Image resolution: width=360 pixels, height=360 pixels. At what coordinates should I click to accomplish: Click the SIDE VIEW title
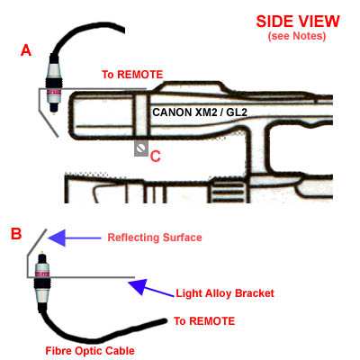tap(298, 22)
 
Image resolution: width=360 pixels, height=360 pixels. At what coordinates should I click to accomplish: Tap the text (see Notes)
tap(297, 36)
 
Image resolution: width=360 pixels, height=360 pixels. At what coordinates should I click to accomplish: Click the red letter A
tap(26, 50)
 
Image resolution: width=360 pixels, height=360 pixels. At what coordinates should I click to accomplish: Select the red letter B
tap(16, 233)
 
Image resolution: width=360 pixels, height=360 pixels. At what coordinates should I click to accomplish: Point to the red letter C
tap(156, 157)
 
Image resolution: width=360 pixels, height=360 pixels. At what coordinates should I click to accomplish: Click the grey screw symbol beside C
tap(141, 148)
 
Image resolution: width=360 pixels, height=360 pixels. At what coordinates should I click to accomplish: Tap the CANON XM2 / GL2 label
tap(200, 112)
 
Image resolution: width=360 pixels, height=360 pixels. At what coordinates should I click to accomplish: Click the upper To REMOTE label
tap(132, 75)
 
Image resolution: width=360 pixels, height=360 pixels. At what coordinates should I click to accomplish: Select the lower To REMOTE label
tap(204, 321)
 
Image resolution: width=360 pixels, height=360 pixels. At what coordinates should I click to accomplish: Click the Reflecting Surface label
tap(155, 238)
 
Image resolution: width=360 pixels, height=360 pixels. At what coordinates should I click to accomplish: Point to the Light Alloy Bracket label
tap(225, 293)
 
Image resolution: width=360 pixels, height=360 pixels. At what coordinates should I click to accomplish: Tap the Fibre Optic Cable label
tap(90, 350)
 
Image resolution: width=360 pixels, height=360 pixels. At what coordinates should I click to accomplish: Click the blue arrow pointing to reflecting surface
tap(75, 238)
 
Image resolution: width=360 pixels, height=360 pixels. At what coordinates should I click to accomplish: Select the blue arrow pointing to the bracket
tap(151, 288)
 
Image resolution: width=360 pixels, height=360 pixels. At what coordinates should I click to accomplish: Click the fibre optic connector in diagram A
tap(53, 85)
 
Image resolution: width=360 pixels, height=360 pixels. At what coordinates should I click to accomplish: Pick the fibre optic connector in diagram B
tap(42, 277)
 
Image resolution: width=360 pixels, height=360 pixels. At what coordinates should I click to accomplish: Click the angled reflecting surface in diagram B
tap(37, 243)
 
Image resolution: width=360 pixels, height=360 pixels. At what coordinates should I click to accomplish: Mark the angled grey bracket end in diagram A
tap(49, 122)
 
